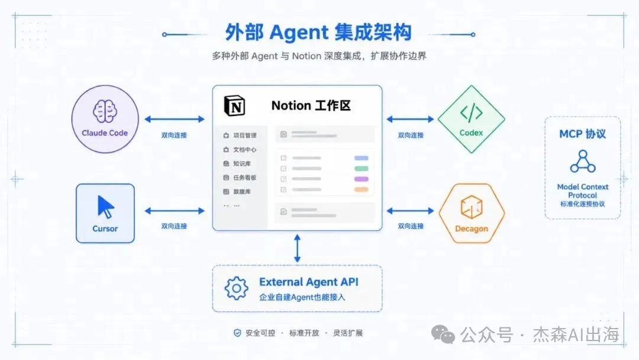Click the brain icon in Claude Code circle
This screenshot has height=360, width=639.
tap(105, 111)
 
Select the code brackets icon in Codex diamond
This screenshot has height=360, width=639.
tap(472, 112)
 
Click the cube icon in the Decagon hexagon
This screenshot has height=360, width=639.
tap(472, 207)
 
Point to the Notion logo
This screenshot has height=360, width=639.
tap(234, 106)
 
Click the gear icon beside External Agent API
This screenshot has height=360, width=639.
tap(236, 289)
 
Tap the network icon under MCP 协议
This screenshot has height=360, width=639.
tap(583, 162)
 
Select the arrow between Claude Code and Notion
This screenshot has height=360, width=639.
tap(175, 119)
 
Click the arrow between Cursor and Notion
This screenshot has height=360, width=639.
tap(175, 211)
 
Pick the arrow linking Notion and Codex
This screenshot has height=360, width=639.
tap(410, 119)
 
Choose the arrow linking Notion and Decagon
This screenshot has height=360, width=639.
tap(410, 211)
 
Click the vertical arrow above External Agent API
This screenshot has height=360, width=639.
tap(298, 248)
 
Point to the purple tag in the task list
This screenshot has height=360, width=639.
tap(362, 179)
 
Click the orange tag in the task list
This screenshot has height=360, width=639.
tap(362, 189)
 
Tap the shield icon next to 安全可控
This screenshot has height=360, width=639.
tap(237, 333)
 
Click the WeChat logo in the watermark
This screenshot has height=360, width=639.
tap(443, 335)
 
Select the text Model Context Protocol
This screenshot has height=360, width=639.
tap(583, 191)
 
